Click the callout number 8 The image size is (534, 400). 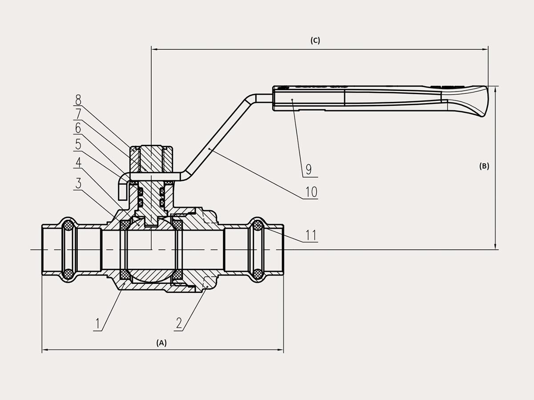(78, 99)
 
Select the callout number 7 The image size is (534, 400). (78, 114)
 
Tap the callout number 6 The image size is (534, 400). (78, 128)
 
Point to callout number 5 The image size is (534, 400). (78, 144)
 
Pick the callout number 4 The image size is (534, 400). (78, 162)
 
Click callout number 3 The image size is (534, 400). (78, 183)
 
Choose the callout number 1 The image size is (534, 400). (97, 324)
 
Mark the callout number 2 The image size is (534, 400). (179, 324)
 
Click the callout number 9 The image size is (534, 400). (308, 169)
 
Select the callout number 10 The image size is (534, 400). (311, 192)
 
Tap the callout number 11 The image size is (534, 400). (311, 235)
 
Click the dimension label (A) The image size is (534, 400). (161, 343)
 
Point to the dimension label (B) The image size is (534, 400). (484, 166)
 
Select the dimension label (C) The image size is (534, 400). (315, 40)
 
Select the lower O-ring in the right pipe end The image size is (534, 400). (258, 274)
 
